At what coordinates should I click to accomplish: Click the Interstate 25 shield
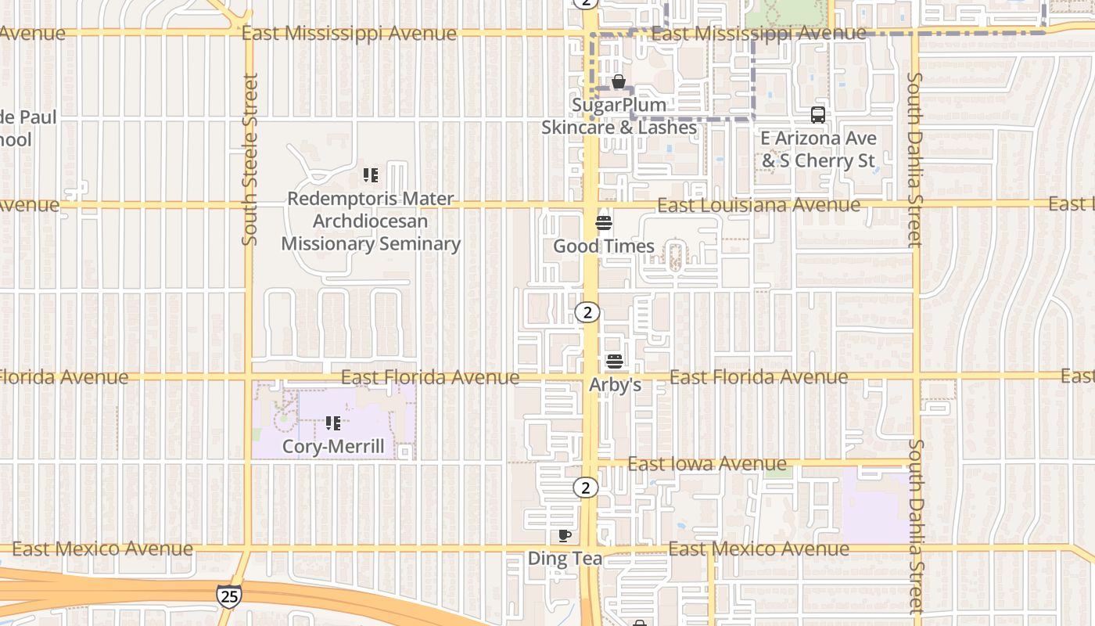coord(228,595)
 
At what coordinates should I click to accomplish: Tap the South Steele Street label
coord(250,160)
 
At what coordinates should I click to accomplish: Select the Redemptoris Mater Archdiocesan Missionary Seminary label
coord(371,221)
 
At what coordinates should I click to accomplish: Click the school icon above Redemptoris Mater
coord(371,175)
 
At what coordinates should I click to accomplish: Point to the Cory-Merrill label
coord(333,447)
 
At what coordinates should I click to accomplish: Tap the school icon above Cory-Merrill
coord(333,423)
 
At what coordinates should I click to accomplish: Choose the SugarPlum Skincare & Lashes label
coord(619,116)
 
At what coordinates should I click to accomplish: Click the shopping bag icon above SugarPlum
coord(619,81)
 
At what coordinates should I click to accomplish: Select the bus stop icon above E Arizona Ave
coord(818,115)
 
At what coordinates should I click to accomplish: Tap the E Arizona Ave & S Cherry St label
coord(818,149)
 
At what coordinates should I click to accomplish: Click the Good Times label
coord(604,246)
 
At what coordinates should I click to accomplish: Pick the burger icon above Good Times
coord(603,223)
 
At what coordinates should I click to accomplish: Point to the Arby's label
coord(615,385)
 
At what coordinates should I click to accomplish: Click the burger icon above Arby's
coord(615,362)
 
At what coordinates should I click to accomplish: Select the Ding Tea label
coord(565,559)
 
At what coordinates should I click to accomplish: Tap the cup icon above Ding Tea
coord(565,536)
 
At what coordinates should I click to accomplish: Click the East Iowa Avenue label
coord(707,464)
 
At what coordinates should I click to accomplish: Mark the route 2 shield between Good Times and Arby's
coord(587,312)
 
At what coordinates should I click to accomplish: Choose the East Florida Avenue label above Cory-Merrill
coord(430,377)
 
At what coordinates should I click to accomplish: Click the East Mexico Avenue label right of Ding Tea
coord(759,549)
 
